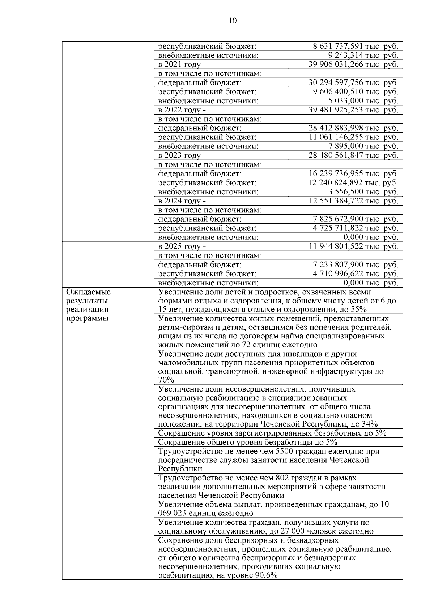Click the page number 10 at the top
click(233, 21)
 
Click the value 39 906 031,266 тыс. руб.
click(353, 64)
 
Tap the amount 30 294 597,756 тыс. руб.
click(353, 83)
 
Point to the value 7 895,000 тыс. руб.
click(363, 146)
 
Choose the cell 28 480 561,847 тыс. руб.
click(353, 155)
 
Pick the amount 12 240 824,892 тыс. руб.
click(353, 183)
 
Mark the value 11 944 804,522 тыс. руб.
click(353, 246)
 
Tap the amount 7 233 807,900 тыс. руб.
click(355, 265)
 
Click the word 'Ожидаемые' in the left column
click(89, 292)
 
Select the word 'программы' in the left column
click(88, 319)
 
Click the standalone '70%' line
click(166, 380)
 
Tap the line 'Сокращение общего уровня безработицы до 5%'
click(248, 442)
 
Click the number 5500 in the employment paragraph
click(285, 451)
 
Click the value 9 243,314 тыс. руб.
click(363, 55)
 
